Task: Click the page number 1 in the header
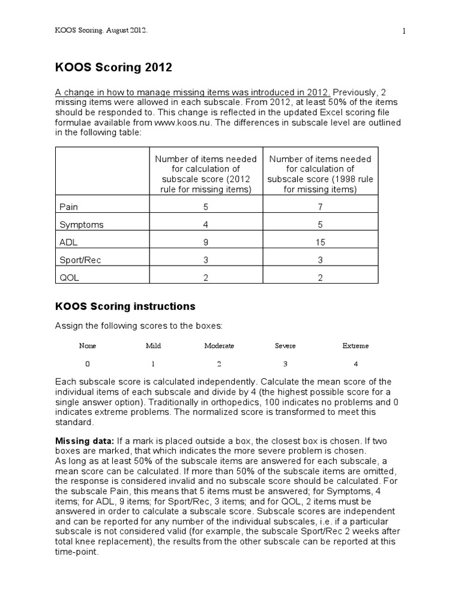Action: click(404, 31)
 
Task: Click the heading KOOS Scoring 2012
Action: click(113, 68)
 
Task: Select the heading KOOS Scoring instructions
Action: click(125, 306)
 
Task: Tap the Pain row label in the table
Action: click(69, 207)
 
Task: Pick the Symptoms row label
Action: click(82, 225)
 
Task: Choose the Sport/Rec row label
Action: click(80, 261)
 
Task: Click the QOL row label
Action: click(69, 279)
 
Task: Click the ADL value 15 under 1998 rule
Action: click(320, 243)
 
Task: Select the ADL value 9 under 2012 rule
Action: click(205, 243)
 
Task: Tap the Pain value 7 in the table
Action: click(320, 207)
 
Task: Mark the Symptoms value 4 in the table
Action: click(205, 225)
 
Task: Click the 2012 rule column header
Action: click(205, 174)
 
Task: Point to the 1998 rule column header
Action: click(320, 174)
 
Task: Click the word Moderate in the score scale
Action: click(219, 346)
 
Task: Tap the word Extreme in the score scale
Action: click(355, 346)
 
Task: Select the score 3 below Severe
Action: click(286, 364)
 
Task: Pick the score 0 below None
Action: click(88, 364)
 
